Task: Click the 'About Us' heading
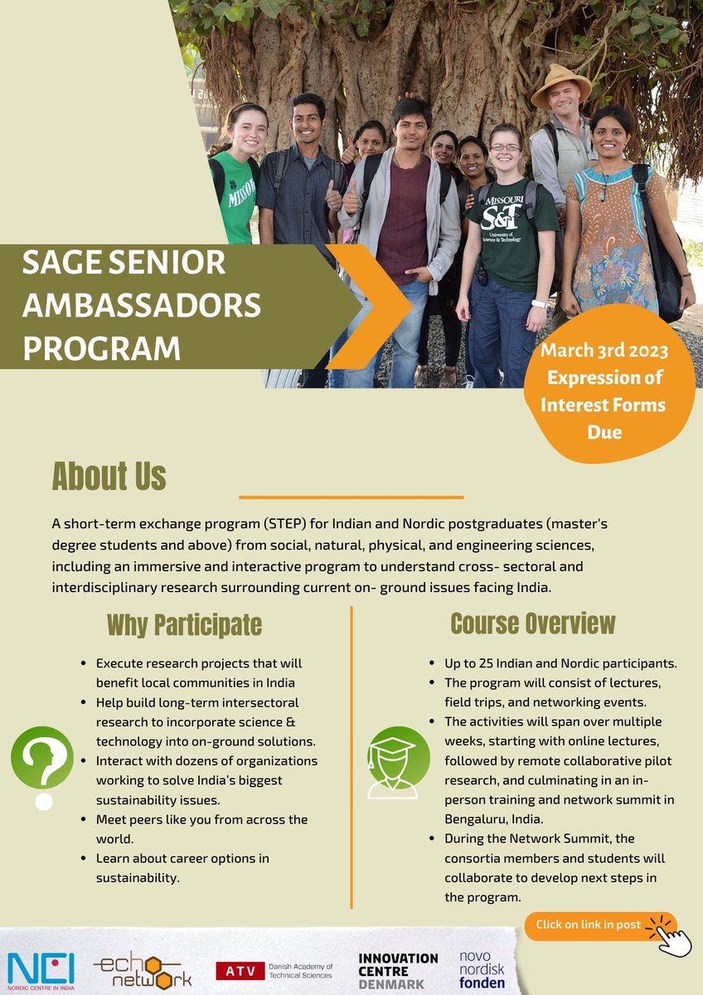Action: [109, 477]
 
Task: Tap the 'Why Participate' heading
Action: [184, 625]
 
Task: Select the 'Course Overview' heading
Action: [533, 624]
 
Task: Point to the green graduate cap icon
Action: [398, 761]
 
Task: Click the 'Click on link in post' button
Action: [589, 925]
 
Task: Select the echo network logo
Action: [143, 971]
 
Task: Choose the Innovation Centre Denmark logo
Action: [398, 970]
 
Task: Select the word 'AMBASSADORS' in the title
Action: [142, 306]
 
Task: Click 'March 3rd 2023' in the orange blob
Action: [604, 350]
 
